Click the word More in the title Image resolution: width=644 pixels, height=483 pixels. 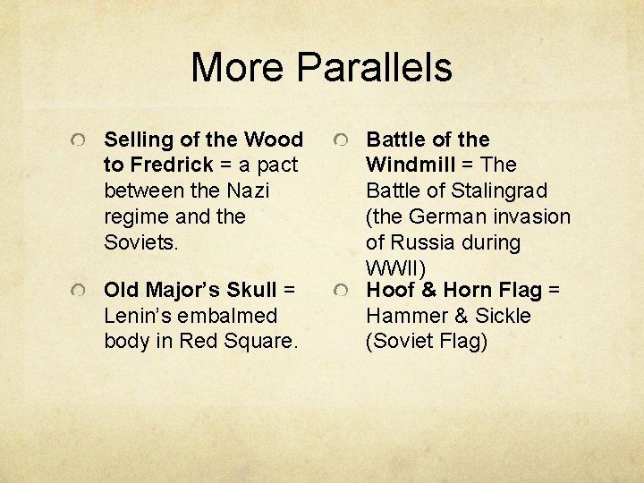238,68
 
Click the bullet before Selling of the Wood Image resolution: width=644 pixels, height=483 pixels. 80,140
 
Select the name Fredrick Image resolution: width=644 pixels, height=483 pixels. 171,165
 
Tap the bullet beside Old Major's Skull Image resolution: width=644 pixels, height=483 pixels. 80,292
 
